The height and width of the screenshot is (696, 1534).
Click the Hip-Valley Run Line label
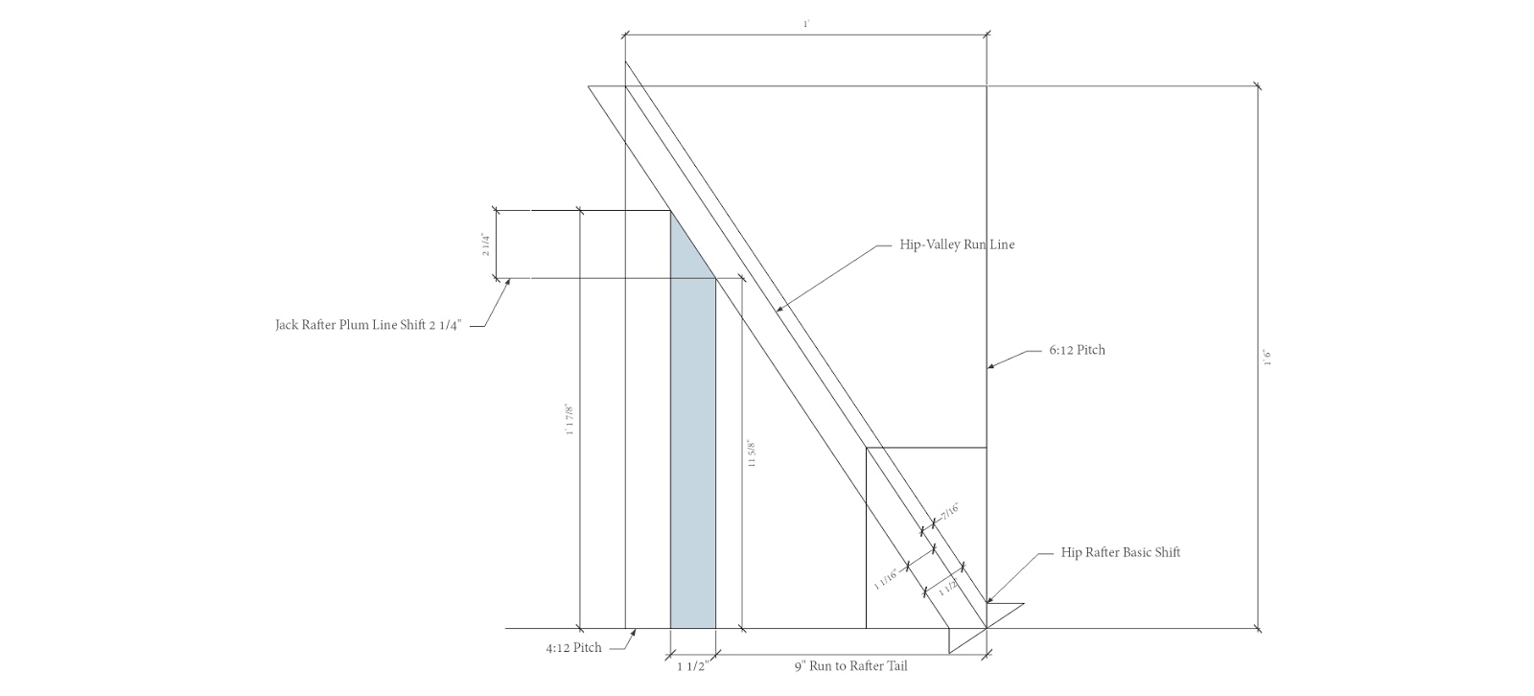tap(956, 244)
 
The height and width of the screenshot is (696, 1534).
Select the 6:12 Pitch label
tap(1076, 350)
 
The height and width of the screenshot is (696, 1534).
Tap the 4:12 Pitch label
tap(573, 648)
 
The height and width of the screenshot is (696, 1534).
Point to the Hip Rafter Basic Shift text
tap(1120, 553)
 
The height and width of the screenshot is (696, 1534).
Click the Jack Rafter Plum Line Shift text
tap(368, 325)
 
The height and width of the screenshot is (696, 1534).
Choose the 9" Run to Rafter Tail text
tap(850, 666)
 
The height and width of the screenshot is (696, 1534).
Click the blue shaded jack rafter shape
tap(692, 460)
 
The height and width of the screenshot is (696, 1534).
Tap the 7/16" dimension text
tap(949, 513)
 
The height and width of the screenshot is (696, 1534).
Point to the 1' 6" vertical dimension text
tap(1267, 357)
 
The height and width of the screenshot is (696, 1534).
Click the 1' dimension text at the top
tap(806, 23)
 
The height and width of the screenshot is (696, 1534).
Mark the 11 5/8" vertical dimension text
tap(752, 453)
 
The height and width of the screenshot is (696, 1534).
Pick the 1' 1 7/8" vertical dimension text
tap(570, 419)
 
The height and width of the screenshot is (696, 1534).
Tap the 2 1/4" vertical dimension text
tap(486, 244)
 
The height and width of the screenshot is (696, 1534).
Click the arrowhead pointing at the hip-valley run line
tap(778, 309)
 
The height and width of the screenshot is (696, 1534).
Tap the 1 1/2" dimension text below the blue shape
tap(692, 666)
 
